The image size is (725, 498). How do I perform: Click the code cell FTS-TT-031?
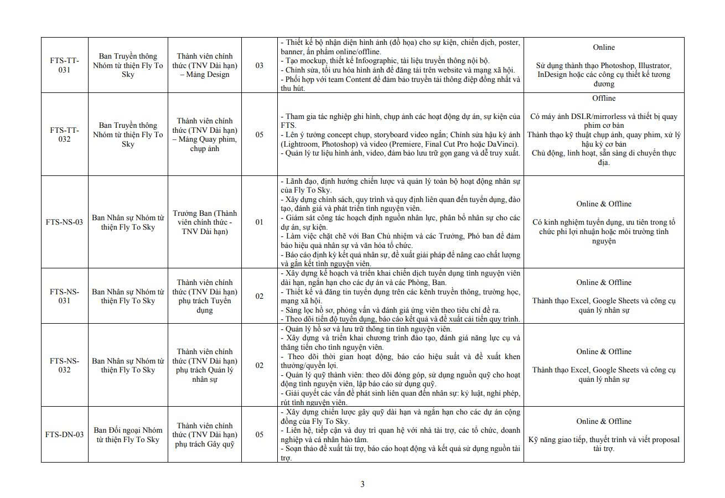point(64,65)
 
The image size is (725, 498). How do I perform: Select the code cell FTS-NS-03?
point(64,222)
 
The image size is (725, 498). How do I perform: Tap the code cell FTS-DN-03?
point(64,435)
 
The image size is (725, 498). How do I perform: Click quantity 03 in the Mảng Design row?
point(259,65)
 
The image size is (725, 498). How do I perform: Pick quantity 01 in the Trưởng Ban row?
point(259,222)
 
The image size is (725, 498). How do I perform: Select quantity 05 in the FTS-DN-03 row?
point(259,435)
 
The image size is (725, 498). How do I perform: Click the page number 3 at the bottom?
point(362,484)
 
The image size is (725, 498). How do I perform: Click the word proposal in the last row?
point(664,440)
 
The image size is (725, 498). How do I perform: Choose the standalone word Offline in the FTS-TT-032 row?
point(603,98)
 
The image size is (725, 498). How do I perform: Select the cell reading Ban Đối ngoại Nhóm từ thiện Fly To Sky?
point(128,435)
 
